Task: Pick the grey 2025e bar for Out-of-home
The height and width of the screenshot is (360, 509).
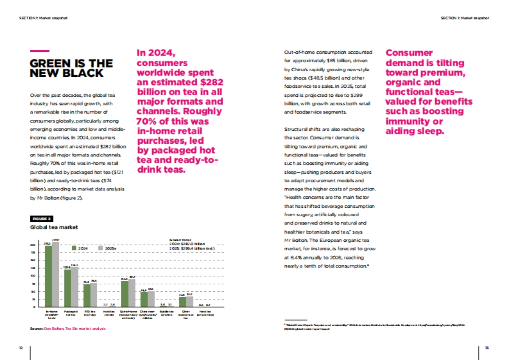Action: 132,293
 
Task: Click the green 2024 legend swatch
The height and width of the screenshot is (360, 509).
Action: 74,248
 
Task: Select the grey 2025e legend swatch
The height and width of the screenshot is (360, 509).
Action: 101,248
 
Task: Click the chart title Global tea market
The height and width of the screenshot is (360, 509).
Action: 54,227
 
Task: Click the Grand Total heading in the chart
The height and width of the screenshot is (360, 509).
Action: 179,240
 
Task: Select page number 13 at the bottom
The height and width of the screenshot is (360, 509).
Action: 487,348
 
